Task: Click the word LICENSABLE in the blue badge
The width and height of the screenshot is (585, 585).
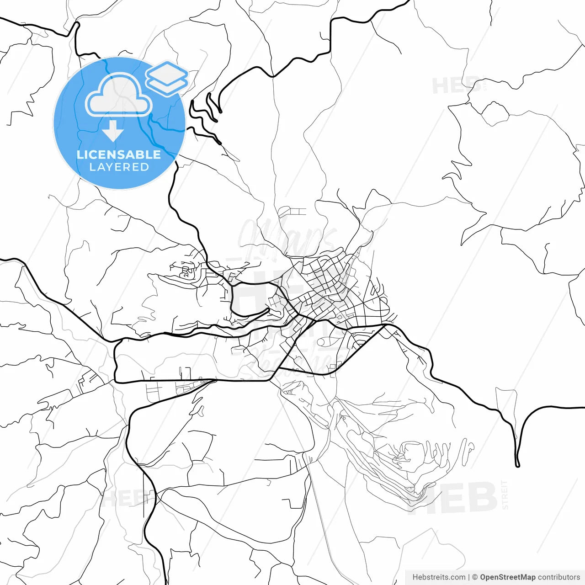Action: coord(119,154)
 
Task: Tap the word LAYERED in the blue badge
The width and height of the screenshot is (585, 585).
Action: coord(119,167)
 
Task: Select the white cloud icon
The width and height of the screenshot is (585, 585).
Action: coord(119,95)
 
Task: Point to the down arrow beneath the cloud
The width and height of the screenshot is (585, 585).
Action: coord(112,132)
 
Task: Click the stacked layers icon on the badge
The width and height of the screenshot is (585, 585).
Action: coord(167,78)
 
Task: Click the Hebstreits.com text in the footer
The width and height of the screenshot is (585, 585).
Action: coord(439,577)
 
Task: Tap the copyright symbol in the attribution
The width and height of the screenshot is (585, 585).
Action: coord(475,577)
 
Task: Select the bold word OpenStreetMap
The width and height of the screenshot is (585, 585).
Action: coord(507,577)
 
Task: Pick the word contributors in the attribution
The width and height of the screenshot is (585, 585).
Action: coord(559,577)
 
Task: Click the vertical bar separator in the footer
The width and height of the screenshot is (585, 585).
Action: coord(469,577)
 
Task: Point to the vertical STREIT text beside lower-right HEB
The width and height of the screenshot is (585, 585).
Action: coord(505,495)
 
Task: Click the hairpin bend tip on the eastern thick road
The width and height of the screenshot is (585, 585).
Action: coord(518,465)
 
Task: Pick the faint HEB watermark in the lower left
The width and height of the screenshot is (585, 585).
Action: coord(121,498)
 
